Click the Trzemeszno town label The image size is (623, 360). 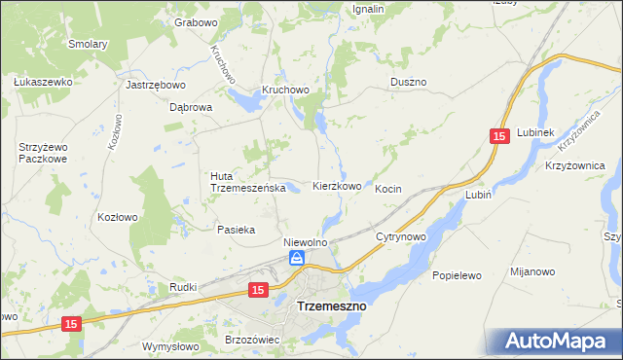[330, 306]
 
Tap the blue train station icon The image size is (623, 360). [297, 258]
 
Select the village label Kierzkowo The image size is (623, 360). [337, 186]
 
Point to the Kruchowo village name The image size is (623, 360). [284, 90]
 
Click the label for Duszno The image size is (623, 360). [409, 83]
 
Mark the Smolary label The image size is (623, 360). [88, 44]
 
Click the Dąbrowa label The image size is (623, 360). [191, 108]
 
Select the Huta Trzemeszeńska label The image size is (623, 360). [247, 182]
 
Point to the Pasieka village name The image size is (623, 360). [236, 230]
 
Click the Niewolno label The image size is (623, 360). [304, 241]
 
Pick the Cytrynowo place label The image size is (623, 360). [401, 236]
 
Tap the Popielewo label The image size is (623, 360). [458, 275]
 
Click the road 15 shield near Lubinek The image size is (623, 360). [499, 138]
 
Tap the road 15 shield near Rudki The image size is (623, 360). [257, 290]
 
